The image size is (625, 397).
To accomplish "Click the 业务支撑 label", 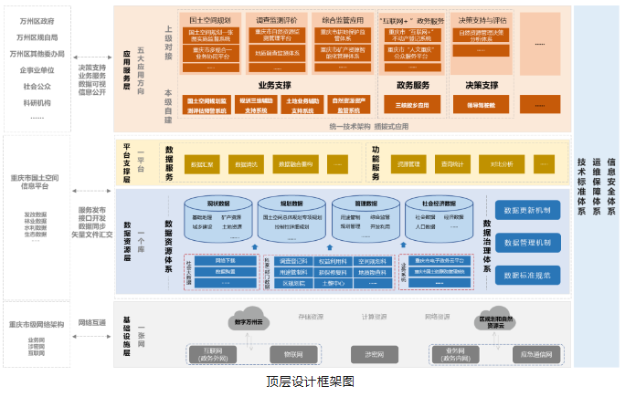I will click(275, 84).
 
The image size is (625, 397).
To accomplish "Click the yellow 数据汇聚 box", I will click(201, 164).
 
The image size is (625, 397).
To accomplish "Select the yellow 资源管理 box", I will click(408, 164).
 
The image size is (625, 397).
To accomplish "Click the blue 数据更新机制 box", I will click(527, 210).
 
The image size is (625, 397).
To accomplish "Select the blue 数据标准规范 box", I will click(527, 274).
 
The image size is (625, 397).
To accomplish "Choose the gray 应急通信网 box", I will click(535, 353).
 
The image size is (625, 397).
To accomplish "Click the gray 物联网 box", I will click(294, 353).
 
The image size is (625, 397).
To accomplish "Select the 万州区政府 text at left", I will click(36, 20).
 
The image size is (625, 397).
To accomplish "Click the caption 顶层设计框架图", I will click(309, 382).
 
